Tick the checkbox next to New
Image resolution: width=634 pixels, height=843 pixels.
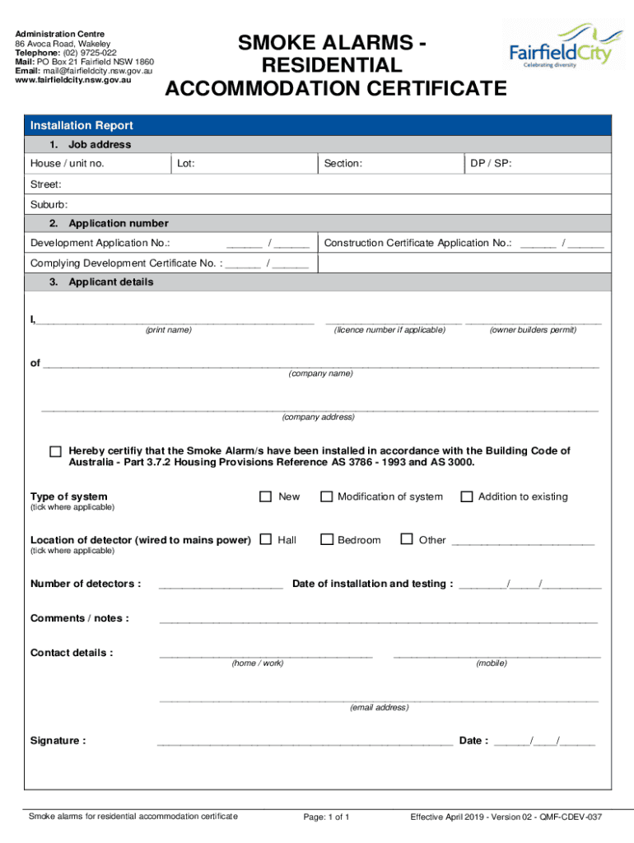click(265, 496)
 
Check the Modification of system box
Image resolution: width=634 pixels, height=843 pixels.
click(326, 496)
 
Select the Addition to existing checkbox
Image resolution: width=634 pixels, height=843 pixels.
click(467, 496)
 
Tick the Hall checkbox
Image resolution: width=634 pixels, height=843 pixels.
click(265, 539)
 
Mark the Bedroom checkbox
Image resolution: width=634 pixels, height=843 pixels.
click(326, 539)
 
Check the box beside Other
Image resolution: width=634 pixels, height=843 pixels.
click(406, 539)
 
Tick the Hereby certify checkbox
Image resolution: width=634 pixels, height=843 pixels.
click(55, 452)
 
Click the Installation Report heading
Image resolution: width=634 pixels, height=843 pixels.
click(82, 126)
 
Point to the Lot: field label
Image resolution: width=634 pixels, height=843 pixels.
click(186, 164)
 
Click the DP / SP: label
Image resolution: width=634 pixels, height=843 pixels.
click(491, 164)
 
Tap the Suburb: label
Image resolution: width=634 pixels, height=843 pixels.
click(49, 204)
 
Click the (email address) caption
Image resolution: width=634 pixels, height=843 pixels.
click(379, 707)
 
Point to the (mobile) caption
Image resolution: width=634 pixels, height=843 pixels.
click(492, 663)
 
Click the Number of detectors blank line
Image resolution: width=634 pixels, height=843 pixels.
click(221, 586)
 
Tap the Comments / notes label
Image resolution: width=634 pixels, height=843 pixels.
click(80, 618)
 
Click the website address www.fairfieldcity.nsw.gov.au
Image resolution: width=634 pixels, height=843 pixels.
click(74, 81)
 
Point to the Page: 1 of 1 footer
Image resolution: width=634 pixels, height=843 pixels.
click(327, 817)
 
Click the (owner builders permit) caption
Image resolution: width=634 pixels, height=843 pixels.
click(533, 329)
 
